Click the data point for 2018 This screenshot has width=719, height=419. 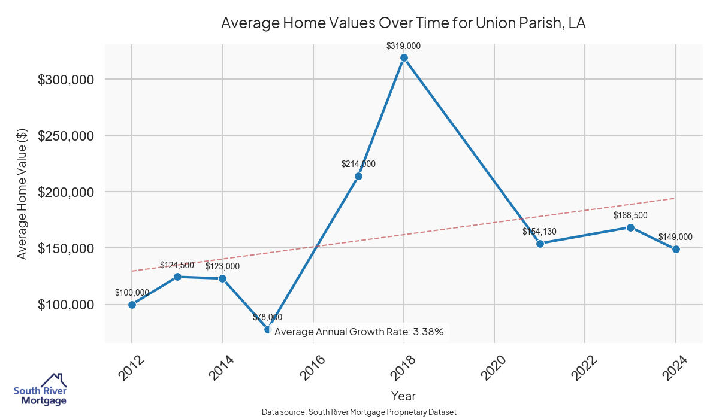(404, 57)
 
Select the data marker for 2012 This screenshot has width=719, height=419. (132, 305)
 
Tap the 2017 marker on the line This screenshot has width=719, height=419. (358, 176)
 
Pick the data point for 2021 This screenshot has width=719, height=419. (540, 244)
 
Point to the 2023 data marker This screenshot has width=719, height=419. (630, 227)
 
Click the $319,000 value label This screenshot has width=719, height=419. (404, 45)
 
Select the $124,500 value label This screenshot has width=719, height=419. (177, 265)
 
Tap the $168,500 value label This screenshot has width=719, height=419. (630, 215)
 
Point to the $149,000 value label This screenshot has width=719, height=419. (675, 237)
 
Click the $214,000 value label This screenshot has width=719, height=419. (358, 164)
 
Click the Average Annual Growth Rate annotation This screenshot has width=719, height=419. (358, 332)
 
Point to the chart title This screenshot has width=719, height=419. (403, 23)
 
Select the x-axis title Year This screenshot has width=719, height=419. (403, 396)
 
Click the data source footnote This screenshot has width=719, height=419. (359, 412)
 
